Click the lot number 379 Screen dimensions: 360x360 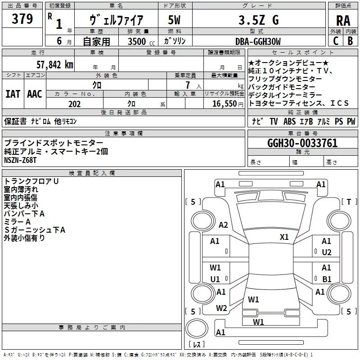(22, 19)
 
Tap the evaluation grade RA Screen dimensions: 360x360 (343, 20)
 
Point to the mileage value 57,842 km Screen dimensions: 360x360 (54, 64)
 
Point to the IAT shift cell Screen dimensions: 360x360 (13, 94)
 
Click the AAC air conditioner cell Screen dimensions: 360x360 (35, 94)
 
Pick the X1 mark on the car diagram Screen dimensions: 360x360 (284, 237)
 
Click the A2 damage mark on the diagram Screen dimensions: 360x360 (223, 225)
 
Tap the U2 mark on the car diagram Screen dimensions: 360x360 (327, 252)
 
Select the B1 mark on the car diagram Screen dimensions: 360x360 (327, 279)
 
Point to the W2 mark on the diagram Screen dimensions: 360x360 (221, 308)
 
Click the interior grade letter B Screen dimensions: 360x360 (350, 41)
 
